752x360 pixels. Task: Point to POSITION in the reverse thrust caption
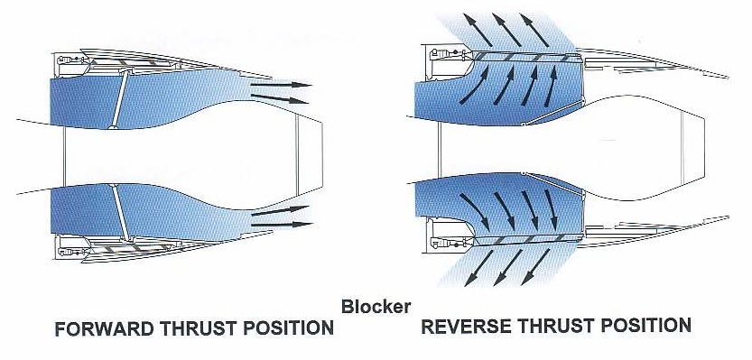click(648, 325)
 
